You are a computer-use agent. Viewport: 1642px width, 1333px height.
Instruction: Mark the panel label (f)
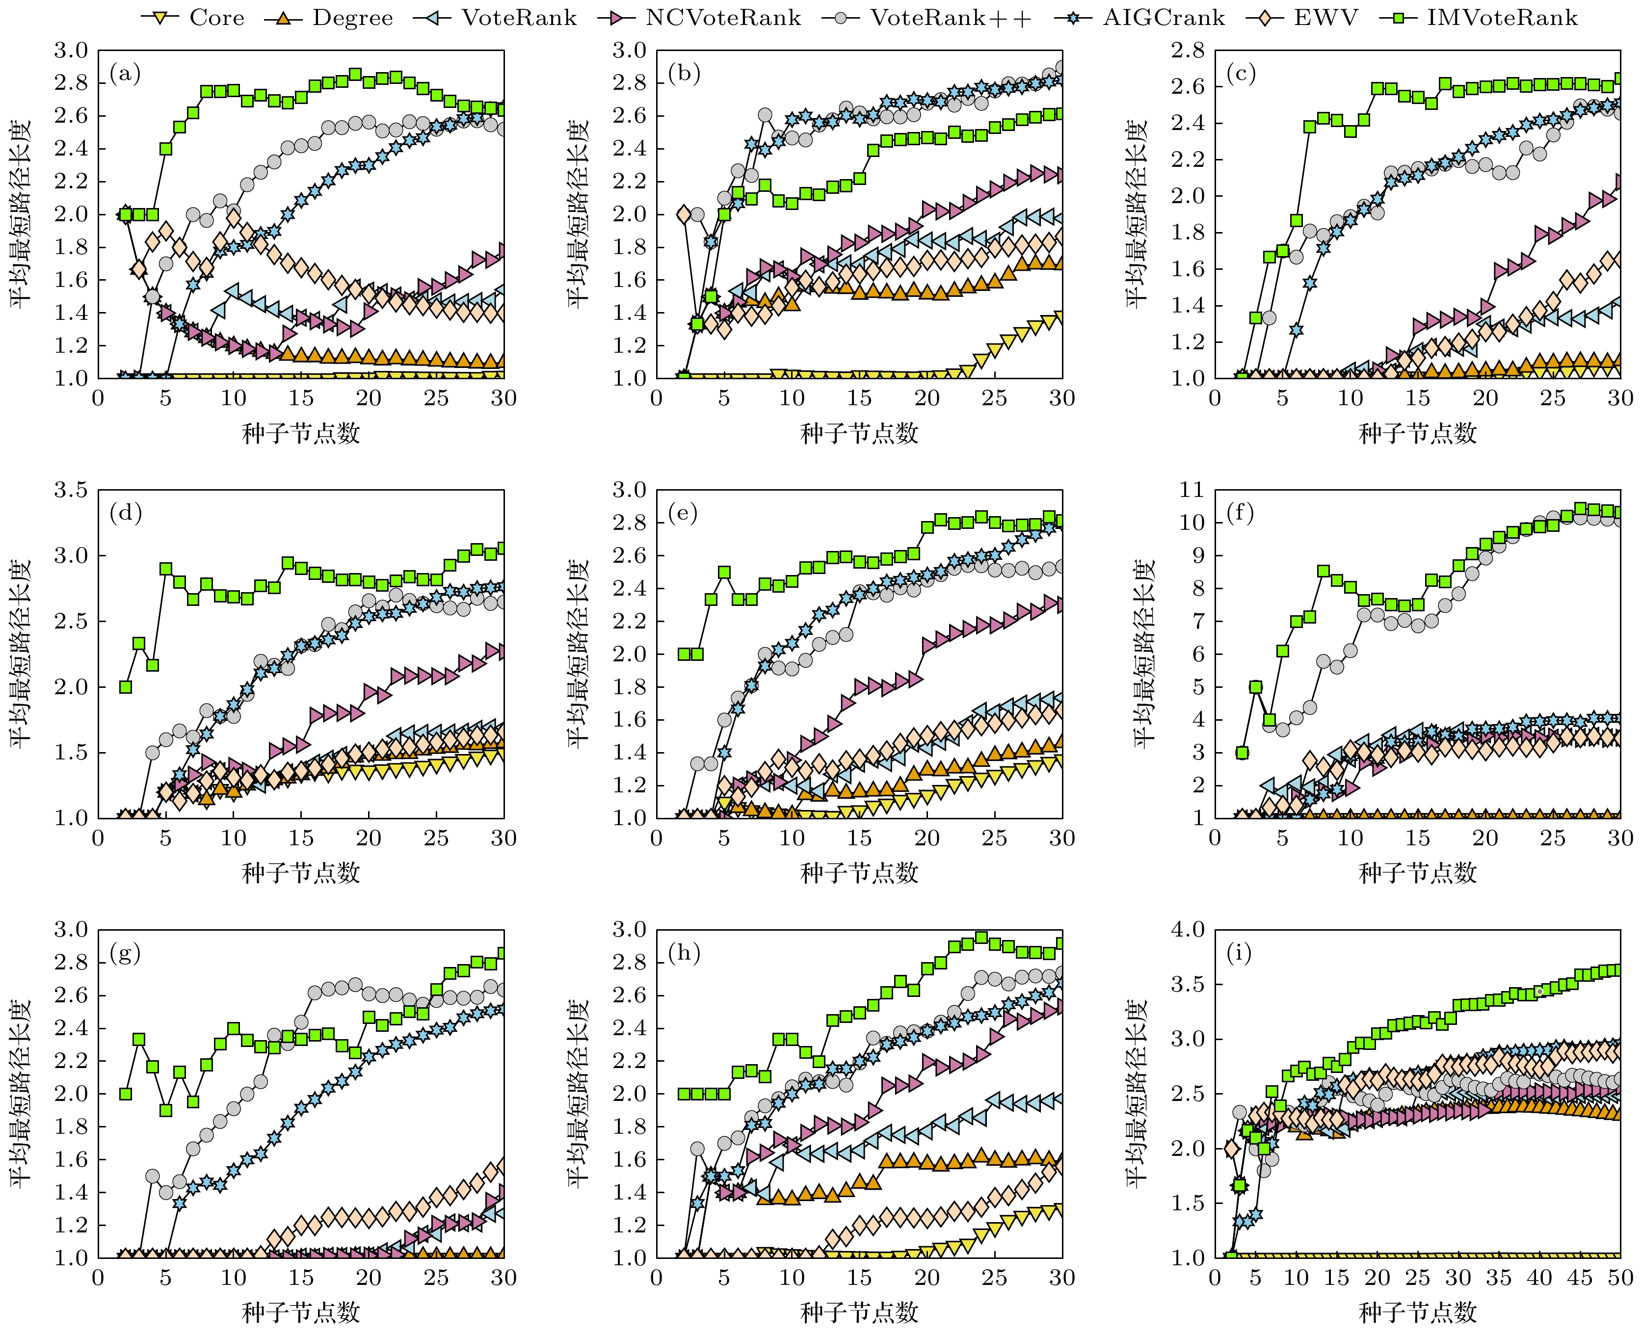[1242, 513]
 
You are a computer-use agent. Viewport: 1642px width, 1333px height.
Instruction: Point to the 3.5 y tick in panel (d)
[71, 490]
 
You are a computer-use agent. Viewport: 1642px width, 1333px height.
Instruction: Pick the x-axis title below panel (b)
[859, 434]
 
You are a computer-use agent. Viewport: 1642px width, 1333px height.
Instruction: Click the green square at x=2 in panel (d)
[125, 686]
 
